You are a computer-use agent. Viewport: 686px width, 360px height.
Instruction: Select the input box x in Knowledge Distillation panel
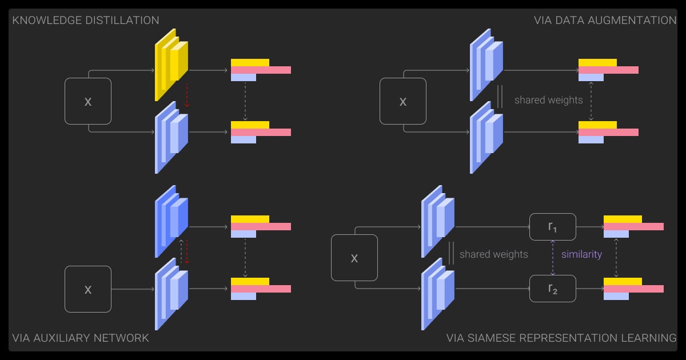click(87, 101)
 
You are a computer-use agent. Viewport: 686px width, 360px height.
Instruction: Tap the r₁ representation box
click(552, 227)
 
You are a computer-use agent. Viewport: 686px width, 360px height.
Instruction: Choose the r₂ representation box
click(552, 289)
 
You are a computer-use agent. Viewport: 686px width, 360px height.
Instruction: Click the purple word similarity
click(581, 254)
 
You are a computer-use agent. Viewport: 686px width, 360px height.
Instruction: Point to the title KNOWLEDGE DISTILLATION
click(86, 21)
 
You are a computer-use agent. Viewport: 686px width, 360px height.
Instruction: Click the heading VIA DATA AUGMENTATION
click(605, 21)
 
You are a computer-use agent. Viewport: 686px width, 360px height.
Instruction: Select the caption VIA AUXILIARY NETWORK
click(81, 338)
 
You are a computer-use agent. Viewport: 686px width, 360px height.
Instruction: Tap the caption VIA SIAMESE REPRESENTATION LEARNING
click(561, 338)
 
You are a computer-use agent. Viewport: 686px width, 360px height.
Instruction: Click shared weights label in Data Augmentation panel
click(548, 100)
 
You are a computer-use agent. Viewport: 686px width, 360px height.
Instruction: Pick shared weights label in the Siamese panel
click(493, 254)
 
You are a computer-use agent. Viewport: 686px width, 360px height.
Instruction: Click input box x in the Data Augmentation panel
click(402, 101)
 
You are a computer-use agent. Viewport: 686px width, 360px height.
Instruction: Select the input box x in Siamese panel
click(354, 258)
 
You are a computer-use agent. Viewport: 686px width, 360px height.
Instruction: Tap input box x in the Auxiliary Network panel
click(87, 289)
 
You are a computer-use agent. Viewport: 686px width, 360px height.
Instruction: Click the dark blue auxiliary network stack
click(171, 221)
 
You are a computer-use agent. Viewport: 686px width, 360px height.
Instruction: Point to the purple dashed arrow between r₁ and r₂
click(552, 258)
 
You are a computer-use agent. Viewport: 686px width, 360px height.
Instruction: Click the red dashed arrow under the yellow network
click(186, 95)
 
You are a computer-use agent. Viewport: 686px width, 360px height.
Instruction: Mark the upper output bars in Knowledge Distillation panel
click(260, 70)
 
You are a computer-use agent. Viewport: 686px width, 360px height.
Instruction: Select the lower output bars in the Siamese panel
click(633, 289)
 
